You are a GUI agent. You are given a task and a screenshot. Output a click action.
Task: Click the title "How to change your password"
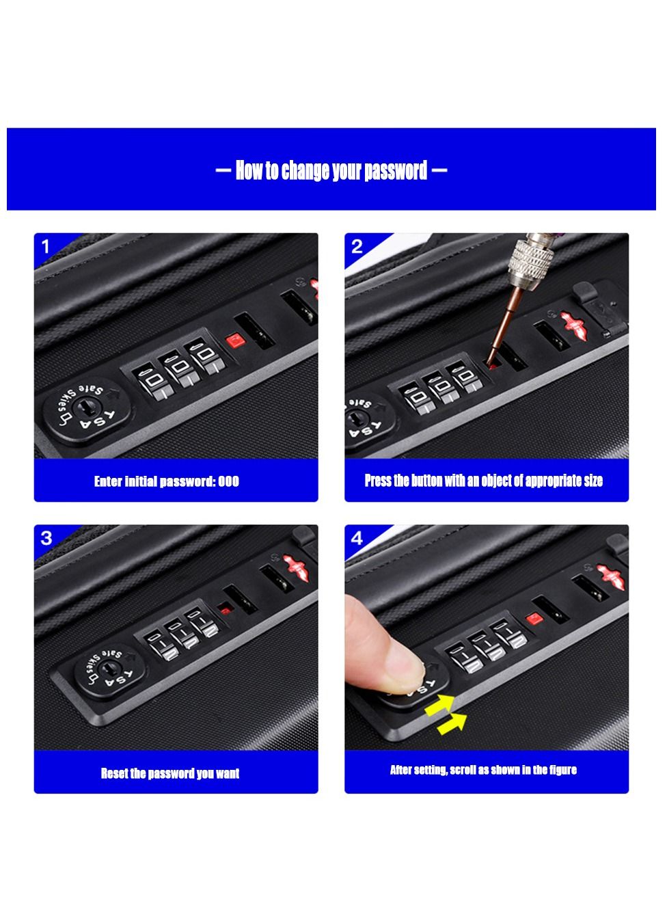click(x=331, y=170)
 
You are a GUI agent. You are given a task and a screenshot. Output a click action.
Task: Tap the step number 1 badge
click(x=46, y=246)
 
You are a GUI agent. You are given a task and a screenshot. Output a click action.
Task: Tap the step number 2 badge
click(x=357, y=246)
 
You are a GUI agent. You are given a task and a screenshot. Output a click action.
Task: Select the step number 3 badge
click(x=46, y=538)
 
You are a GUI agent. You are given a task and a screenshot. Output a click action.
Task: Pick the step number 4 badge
click(x=357, y=538)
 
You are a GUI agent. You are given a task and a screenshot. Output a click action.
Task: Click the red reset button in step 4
click(x=534, y=618)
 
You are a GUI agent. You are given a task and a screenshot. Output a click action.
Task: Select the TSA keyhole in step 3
click(x=109, y=668)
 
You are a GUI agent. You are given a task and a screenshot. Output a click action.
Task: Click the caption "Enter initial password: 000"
click(x=167, y=481)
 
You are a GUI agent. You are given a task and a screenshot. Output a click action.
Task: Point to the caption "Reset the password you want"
click(x=169, y=773)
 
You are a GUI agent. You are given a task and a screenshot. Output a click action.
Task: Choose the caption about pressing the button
click(x=483, y=481)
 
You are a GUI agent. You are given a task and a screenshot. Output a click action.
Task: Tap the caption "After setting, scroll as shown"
click(x=483, y=770)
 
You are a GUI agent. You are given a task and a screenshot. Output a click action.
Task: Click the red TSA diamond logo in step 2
click(x=574, y=326)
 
